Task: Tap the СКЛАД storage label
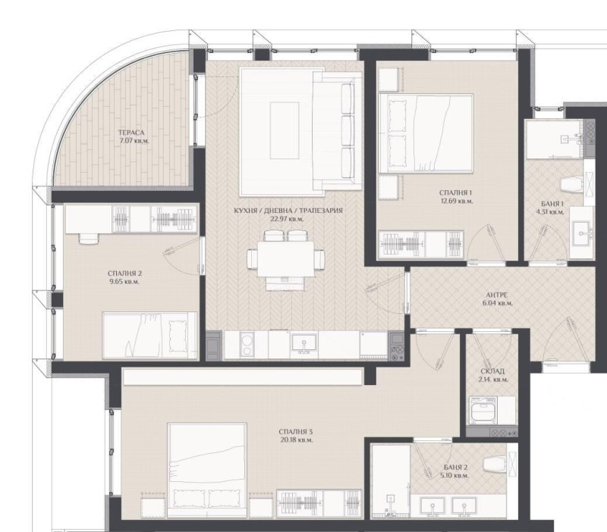pyautogui.click(x=493, y=370)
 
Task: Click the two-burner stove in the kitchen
pyautogui.click(x=244, y=346)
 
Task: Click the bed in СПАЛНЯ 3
pyautogui.click(x=206, y=465)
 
